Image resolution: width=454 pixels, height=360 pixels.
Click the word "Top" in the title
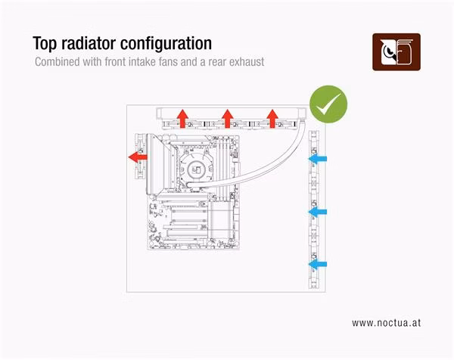(x=45, y=44)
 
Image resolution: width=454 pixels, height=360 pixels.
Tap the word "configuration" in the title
(x=166, y=44)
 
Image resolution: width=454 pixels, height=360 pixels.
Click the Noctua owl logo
(x=396, y=52)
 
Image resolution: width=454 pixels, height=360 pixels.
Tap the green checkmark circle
(x=328, y=104)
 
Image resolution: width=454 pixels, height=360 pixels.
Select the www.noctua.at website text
(x=386, y=323)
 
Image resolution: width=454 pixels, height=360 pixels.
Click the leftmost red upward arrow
(x=182, y=118)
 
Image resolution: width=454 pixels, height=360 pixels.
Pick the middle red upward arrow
(x=228, y=118)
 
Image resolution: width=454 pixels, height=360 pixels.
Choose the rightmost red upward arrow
(x=272, y=118)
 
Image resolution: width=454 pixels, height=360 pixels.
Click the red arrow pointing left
(x=138, y=157)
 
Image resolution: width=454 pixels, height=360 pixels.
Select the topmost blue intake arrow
(x=317, y=159)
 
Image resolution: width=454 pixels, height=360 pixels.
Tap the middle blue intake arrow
(x=317, y=212)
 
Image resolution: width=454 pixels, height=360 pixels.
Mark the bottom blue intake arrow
(x=317, y=264)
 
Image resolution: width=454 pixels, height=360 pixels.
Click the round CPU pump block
(x=197, y=169)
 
